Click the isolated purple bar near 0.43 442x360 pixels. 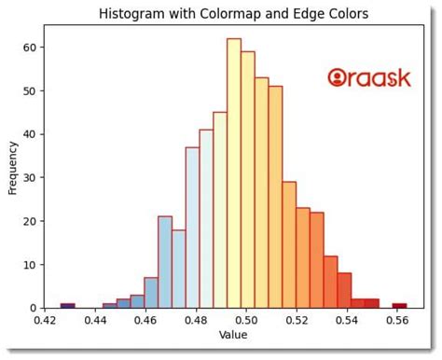click(x=67, y=305)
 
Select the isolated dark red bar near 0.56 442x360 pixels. click(x=399, y=305)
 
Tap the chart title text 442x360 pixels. click(x=233, y=14)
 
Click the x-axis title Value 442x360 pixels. click(x=233, y=334)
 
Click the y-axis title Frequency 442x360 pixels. click(x=13, y=168)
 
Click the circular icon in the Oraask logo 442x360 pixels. click(x=338, y=78)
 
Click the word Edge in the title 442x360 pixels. click(x=304, y=14)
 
